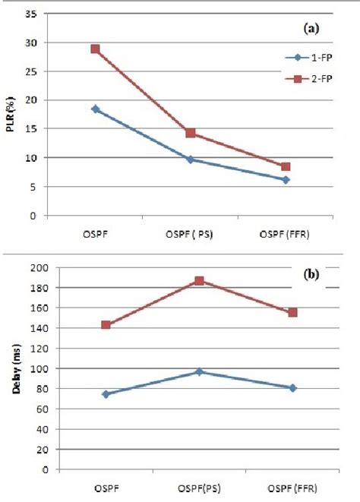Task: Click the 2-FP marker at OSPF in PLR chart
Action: coord(95,49)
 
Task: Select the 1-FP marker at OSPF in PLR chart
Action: coord(95,109)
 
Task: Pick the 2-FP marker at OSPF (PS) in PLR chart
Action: coord(191,133)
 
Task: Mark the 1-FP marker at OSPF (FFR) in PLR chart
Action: coord(286,180)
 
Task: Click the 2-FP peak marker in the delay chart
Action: coord(200,281)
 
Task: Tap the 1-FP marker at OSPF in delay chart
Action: coord(106,394)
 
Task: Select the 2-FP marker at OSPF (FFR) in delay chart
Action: coord(293,312)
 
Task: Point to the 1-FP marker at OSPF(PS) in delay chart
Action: coord(200,372)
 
